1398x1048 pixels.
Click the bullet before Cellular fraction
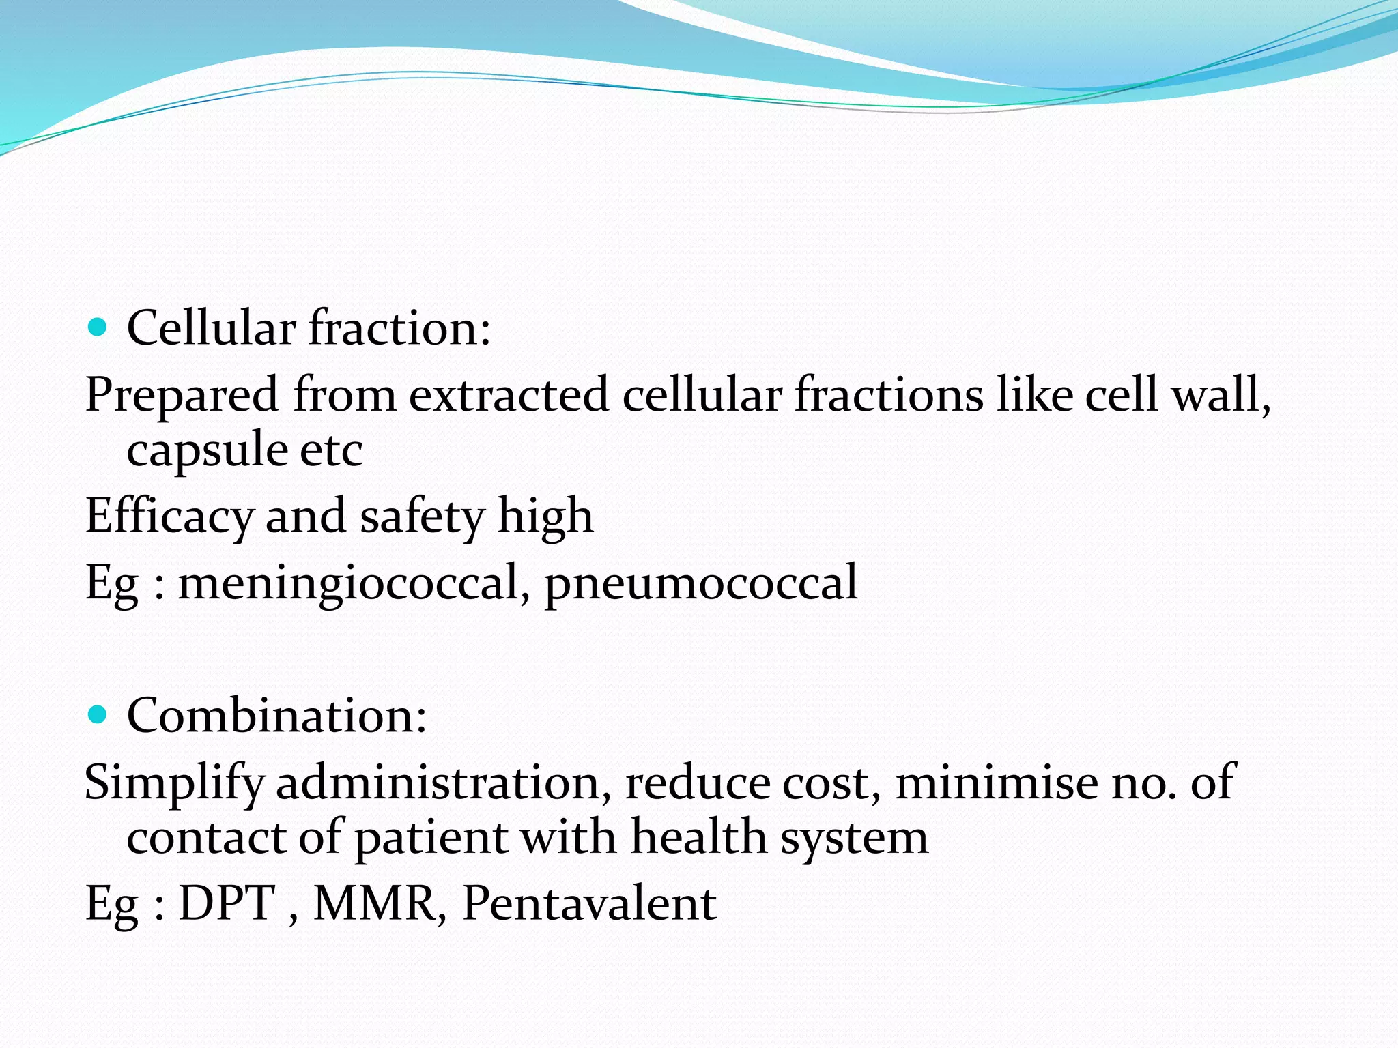98,327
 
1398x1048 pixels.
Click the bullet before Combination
98,715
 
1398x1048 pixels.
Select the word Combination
276,715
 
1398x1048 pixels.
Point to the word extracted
509,396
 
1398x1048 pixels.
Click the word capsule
207,450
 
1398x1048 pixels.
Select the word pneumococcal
700,583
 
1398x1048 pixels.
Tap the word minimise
996,782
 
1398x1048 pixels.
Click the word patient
431,838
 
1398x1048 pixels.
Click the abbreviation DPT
227,903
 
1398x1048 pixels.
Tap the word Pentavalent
590,903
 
